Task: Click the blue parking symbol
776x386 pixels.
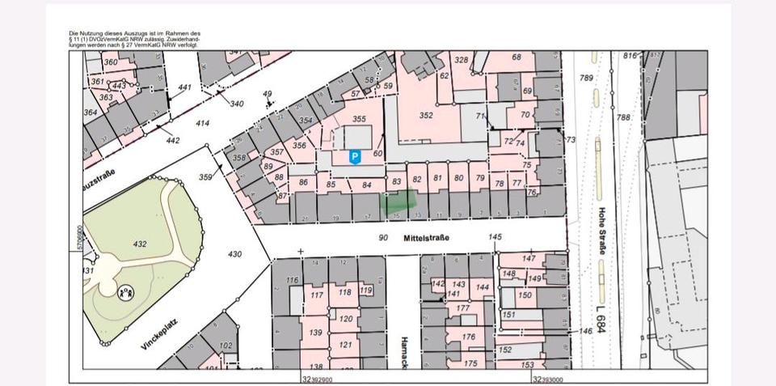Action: point(354,157)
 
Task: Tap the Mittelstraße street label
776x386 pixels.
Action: point(425,237)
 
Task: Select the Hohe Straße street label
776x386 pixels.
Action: point(602,231)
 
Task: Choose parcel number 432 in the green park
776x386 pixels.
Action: point(141,244)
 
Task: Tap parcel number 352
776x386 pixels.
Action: point(426,115)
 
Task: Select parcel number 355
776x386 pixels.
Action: point(360,119)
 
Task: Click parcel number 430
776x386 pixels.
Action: point(234,254)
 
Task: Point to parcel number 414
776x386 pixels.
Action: point(203,123)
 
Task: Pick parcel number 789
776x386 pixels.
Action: point(587,78)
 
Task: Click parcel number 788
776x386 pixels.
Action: point(623,117)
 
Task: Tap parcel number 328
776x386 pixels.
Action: point(461,60)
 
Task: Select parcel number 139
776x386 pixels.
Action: point(316,333)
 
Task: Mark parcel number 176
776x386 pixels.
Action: point(468,337)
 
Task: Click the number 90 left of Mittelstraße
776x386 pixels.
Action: point(383,237)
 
